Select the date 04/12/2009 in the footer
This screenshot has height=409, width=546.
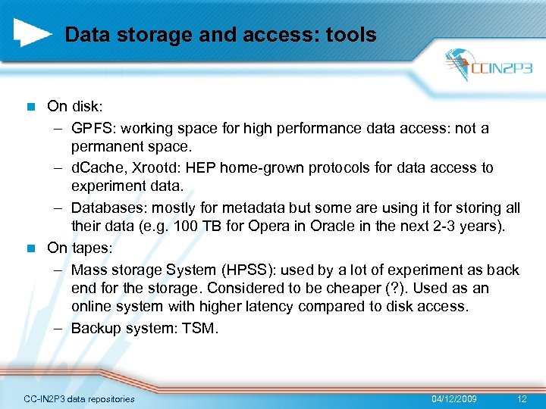(x=454, y=398)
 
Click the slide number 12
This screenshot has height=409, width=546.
(x=521, y=398)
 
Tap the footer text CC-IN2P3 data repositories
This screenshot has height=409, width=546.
(x=79, y=398)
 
